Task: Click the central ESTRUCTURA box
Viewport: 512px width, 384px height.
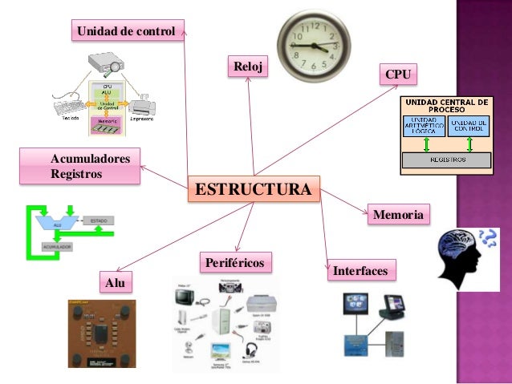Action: [253, 190]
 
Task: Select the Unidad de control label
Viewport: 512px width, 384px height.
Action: [126, 31]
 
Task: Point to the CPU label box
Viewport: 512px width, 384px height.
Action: [398, 75]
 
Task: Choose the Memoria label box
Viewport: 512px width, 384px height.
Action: [398, 214]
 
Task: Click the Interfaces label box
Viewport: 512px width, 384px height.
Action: [360, 272]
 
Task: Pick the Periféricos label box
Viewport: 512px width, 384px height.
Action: [234, 262]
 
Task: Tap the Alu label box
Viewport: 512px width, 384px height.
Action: [116, 282]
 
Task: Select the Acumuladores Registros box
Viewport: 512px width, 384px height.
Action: [91, 165]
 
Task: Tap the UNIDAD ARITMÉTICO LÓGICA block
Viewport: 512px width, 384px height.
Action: [425, 125]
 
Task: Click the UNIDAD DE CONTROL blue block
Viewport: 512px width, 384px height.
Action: [469, 125]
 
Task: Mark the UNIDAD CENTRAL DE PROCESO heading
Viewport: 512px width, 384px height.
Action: [447, 106]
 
